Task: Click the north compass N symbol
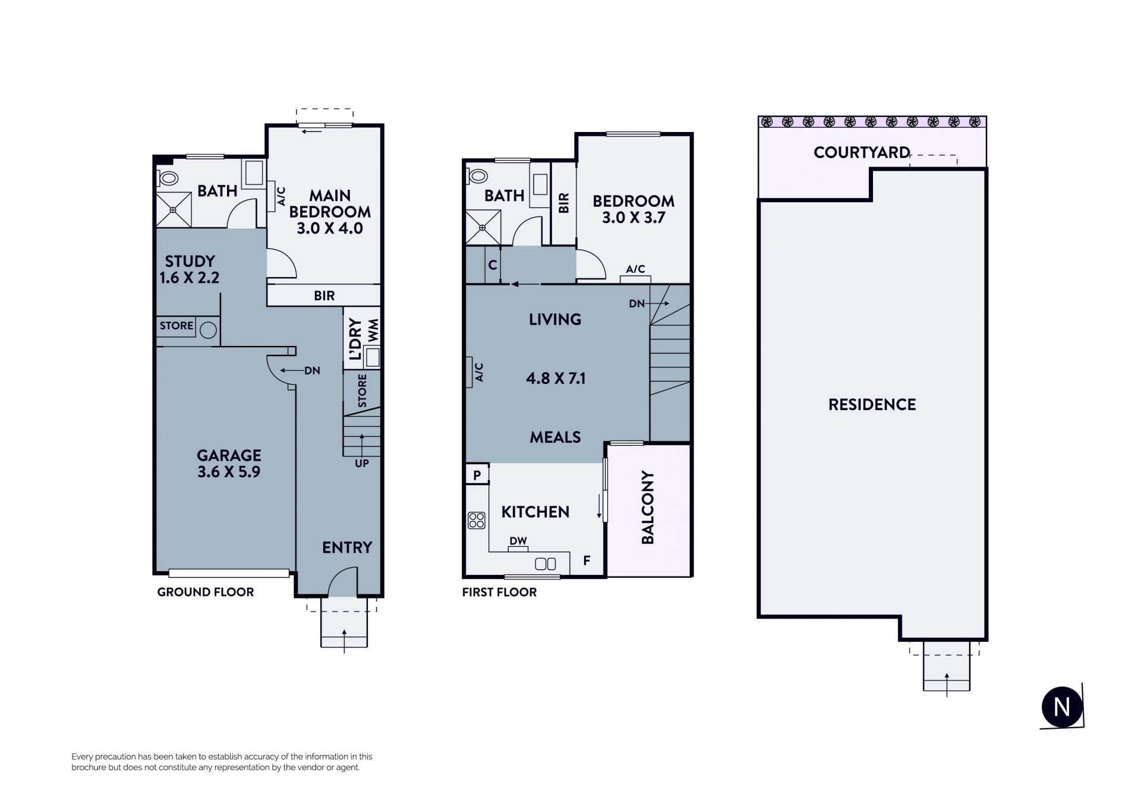pos(1062,707)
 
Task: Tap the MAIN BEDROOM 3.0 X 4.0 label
pos(330,212)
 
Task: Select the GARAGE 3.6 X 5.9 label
pos(229,464)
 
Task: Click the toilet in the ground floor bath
pos(168,178)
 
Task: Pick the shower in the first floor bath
pos(483,228)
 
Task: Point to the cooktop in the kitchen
pos(477,521)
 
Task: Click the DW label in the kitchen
pos(518,541)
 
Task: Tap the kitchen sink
pos(545,563)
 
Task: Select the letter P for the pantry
pos(477,476)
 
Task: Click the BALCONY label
pos(648,507)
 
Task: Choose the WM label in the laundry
pos(373,330)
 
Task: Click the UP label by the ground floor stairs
pos(362,464)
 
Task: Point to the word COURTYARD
pos(862,153)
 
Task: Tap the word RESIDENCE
pos(872,405)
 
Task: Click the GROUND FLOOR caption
pos(206,592)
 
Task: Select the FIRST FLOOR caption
pos(499,592)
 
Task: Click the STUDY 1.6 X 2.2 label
pos(190,269)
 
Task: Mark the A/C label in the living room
pos(479,372)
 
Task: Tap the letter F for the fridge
pos(587,561)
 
